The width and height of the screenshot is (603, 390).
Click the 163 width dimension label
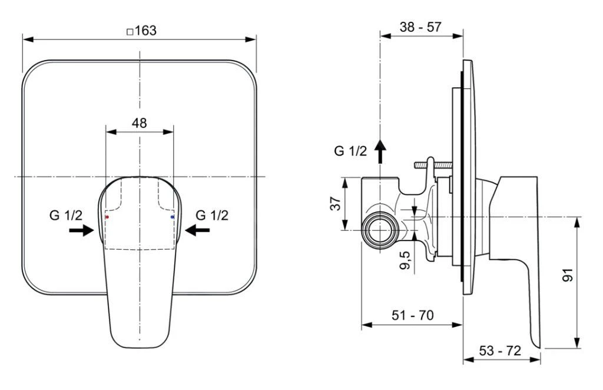click(145, 31)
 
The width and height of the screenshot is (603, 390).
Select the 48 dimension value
click(139, 123)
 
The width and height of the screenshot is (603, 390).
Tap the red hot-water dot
click(107, 217)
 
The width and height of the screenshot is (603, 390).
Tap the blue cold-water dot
click(172, 217)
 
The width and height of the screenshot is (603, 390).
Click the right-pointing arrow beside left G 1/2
click(81, 230)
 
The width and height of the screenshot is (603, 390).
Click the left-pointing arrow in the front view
click(197, 230)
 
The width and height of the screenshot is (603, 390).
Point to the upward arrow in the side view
click(380, 151)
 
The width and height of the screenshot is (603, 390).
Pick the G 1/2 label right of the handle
click(212, 215)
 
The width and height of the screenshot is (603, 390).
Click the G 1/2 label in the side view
click(350, 151)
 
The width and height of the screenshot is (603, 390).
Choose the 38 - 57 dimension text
click(420, 27)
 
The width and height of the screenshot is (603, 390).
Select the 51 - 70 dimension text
click(412, 315)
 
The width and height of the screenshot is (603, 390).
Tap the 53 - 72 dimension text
click(501, 351)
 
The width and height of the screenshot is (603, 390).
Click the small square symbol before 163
click(130, 32)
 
